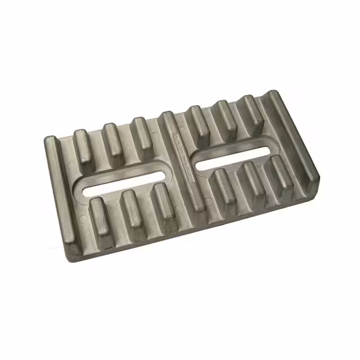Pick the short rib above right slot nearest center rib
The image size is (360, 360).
click(x=199, y=120)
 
